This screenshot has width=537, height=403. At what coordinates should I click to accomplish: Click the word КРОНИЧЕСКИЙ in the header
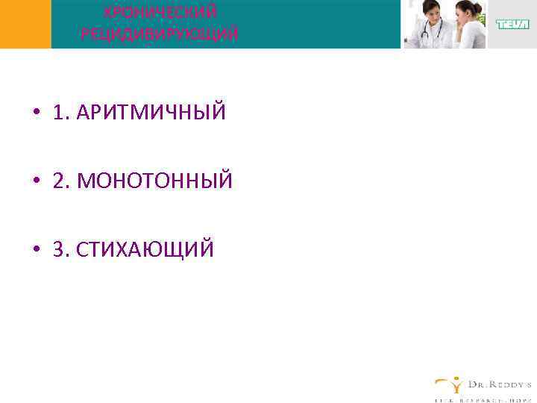tap(160, 12)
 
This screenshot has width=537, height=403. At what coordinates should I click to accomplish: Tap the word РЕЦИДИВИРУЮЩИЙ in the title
tap(160, 34)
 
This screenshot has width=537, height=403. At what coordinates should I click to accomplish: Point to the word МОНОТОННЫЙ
tap(155, 181)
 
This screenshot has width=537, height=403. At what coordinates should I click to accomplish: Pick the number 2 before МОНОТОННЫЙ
tap(58, 181)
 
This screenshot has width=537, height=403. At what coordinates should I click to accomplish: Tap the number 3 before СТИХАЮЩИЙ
tap(58, 249)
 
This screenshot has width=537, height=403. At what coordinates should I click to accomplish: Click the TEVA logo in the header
tap(512, 24)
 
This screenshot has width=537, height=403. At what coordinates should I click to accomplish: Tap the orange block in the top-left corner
tap(25, 24)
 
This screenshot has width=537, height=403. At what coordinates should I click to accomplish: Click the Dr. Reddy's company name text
tap(498, 384)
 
